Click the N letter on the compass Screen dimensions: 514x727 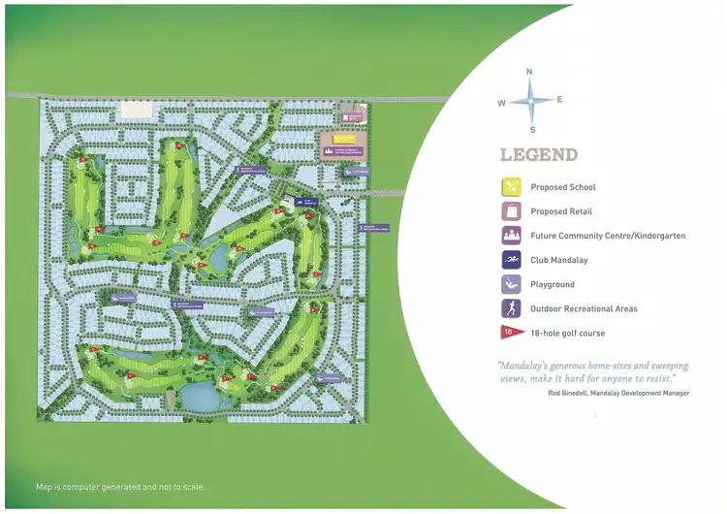tap(529, 72)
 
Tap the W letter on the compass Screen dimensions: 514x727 tap(501, 102)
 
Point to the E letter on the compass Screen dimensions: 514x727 tap(559, 99)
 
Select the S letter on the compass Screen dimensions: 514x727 tap(532, 129)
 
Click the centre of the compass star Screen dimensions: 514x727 tap(530, 99)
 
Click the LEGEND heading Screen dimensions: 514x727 tap(539, 155)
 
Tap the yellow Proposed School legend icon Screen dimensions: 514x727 tap(511, 187)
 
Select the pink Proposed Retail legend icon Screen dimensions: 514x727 tap(511, 211)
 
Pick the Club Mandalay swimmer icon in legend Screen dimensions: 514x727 tap(511, 260)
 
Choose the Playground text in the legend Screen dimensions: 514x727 tap(553, 285)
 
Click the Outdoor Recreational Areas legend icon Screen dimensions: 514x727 tap(511, 308)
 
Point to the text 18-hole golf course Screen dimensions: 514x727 tap(567, 334)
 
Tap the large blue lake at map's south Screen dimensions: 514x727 tap(200, 395)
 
